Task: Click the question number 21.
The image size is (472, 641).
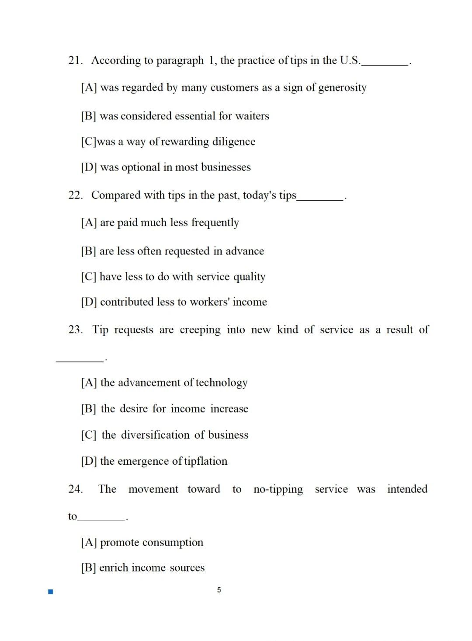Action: click(75, 60)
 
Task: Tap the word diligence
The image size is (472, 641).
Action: click(233, 142)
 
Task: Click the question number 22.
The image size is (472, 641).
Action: click(75, 195)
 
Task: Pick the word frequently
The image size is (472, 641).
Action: click(215, 223)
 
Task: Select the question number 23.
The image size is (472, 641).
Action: click(75, 330)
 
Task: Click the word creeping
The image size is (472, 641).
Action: click(200, 330)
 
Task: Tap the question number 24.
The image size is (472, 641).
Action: click(75, 489)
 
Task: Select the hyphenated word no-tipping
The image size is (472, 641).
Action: click(278, 489)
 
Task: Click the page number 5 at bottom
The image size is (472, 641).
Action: click(219, 590)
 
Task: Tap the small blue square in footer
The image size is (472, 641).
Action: click(51, 592)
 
